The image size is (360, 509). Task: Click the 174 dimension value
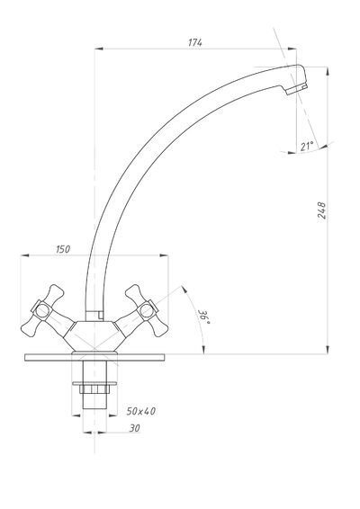click(x=195, y=42)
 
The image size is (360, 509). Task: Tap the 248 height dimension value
click(x=321, y=210)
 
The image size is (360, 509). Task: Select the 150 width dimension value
click(x=63, y=249)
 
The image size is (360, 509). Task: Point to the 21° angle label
click(x=307, y=146)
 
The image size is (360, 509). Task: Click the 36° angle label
click(x=204, y=317)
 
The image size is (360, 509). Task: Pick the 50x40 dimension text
click(x=141, y=411)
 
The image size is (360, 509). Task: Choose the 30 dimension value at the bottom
click(x=134, y=428)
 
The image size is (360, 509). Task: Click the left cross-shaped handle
click(x=42, y=310)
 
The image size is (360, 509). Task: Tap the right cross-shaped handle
click(x=147, y=310)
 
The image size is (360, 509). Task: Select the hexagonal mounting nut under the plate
click(x=94, y=388)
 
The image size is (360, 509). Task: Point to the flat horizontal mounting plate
click(x=94, y=357)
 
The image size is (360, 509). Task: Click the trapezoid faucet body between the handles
click(x=94, y=336)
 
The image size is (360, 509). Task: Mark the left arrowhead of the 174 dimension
click(x=99, y=49)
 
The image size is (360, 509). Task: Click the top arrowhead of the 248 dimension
click(x=328, y=71)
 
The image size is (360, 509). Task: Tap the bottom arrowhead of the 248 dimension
click(x=328, y=350)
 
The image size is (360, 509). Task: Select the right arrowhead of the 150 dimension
click(x=164, y=255)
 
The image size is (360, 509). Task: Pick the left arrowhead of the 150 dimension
click(x=25, y=255)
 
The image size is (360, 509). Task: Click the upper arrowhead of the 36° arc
click(x=184, y=290)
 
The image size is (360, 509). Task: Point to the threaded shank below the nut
click(x=94, y=401)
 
